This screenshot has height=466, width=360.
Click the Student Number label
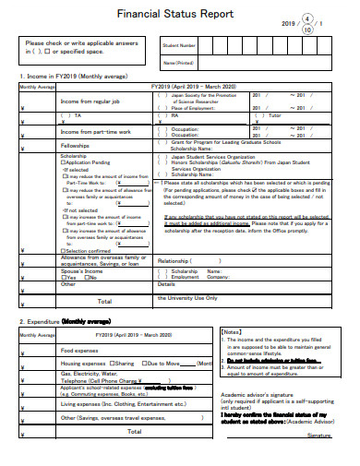pos(179,45)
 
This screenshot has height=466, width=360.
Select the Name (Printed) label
pos(178,62)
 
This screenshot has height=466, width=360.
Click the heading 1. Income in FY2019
pos(69,77)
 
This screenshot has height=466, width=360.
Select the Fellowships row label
pos(75,146)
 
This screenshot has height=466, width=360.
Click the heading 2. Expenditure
pos(59,322)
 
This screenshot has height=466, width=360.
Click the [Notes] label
pos(233,332)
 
